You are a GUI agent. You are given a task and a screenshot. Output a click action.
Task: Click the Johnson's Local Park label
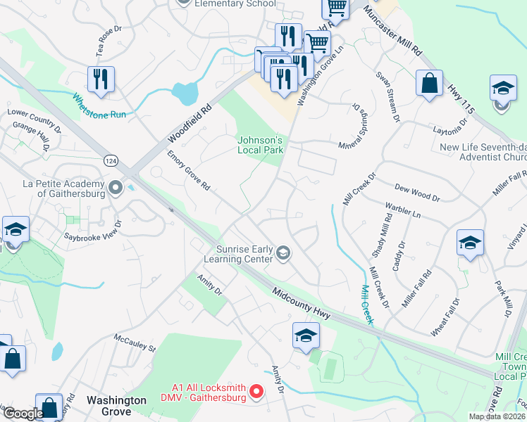[260, 144]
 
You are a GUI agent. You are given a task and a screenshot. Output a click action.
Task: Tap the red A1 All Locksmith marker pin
[256, 390]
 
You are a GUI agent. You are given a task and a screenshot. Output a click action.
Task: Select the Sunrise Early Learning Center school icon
[283, 253]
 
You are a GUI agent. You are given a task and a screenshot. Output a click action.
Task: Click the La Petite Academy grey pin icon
[116, 187]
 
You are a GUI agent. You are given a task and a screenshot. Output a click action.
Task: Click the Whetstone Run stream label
[99, 104]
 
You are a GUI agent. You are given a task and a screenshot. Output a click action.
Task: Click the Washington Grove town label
[116, 400]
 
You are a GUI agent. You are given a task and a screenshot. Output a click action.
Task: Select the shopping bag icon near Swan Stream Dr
[429, 84]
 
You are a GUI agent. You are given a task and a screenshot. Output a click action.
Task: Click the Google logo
[23, 414]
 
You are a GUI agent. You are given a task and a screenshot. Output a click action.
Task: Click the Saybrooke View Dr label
[94, 232]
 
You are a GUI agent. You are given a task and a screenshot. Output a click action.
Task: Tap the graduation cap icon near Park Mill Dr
[470, 243]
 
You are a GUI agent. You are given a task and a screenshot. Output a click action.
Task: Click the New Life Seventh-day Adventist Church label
[483, 153]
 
